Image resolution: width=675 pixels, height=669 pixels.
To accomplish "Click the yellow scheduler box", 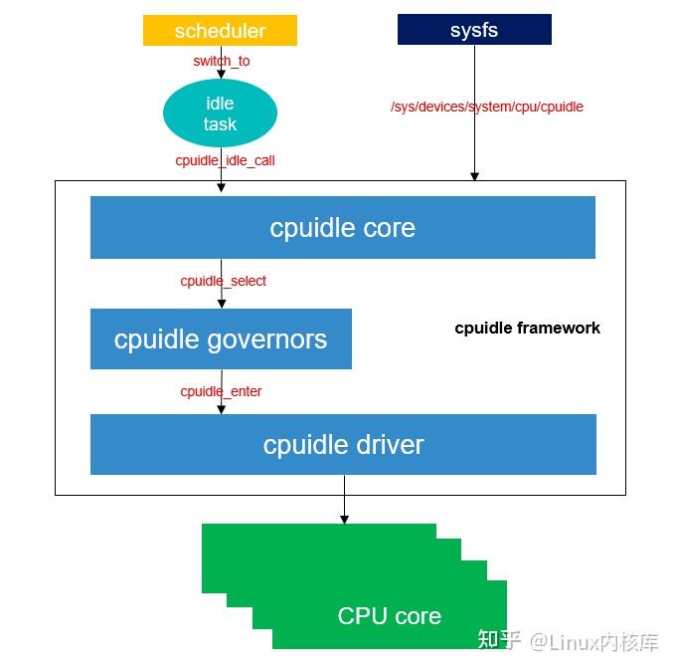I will coord(220,31).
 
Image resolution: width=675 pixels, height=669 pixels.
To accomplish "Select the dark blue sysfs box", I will coord(474,30).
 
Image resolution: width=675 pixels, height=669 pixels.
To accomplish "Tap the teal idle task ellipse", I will coord(220,113).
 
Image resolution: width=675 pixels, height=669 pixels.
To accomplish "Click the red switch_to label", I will coord(221,61).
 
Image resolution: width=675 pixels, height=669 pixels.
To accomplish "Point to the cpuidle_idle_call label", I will coord(225,159).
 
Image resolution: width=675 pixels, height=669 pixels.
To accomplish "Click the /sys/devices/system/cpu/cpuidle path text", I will coord(486,107).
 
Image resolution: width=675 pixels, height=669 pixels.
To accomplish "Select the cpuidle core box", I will coord(342,227).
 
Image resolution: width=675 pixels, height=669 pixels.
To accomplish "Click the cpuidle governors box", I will coord(221,338).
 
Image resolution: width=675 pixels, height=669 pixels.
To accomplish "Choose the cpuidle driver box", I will coord(343,444).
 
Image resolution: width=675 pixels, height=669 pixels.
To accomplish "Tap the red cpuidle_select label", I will coord(223,281).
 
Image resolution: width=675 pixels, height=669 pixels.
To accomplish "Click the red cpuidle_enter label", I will coord(221,391).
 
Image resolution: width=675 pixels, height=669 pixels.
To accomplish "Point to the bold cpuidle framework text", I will coord(527,328).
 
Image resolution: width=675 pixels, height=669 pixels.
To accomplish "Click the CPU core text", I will coord(389,615).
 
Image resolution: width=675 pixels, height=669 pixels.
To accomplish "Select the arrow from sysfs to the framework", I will coord(474,139).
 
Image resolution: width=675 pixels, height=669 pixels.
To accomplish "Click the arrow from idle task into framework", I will coord(221,177).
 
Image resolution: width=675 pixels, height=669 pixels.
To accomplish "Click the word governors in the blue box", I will coord(266,339).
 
